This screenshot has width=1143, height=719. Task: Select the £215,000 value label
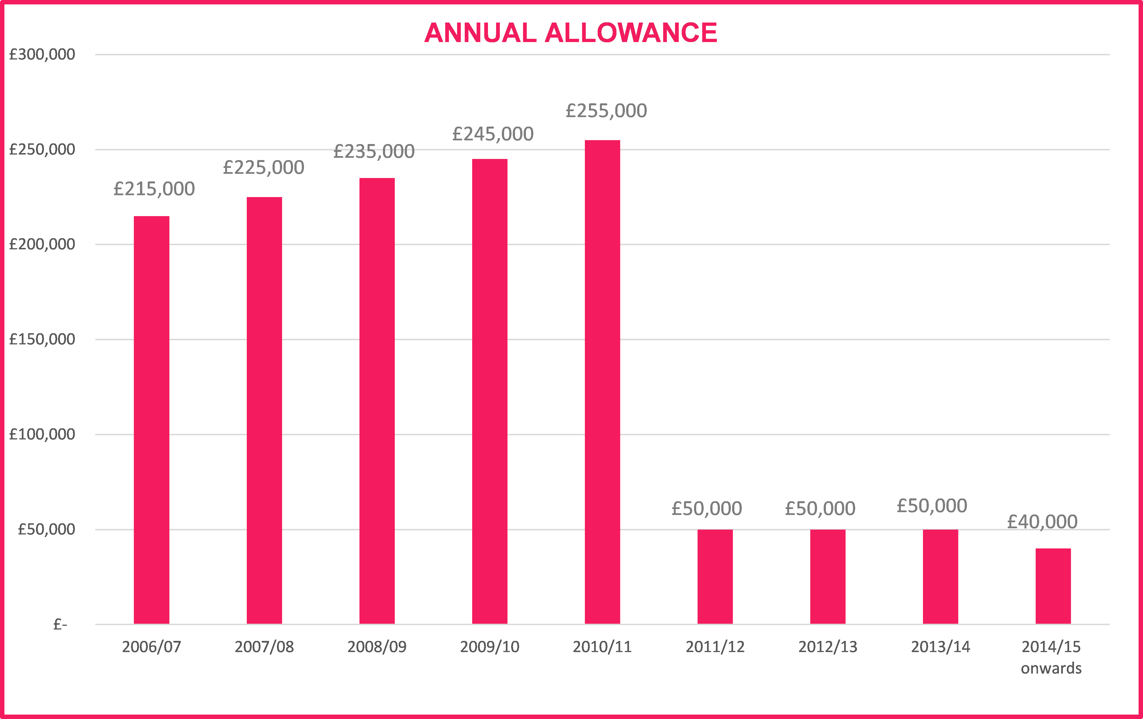[154, 189]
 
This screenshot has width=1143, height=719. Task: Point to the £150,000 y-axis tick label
[42, 339]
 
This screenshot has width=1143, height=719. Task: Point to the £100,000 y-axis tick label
[42, 434]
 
